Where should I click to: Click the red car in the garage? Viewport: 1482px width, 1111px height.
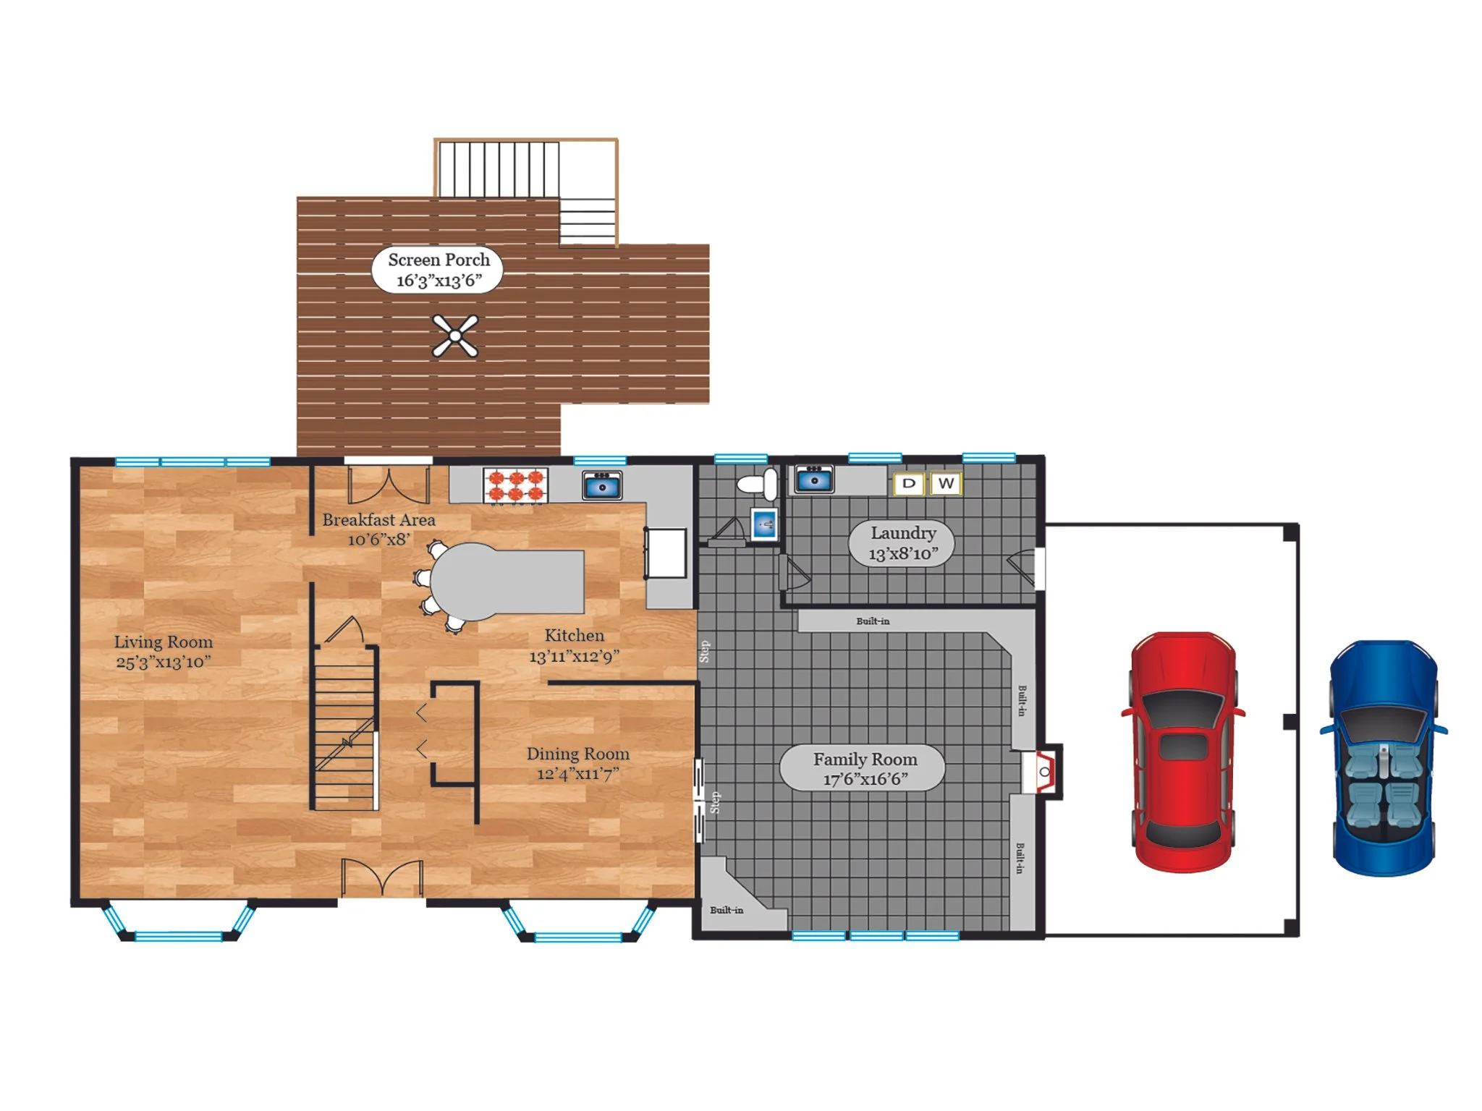click(x=1182, y=752)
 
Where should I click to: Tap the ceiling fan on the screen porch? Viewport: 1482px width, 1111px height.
click(x=454, y=336)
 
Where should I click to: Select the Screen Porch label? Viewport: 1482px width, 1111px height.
click(x=438, y=270)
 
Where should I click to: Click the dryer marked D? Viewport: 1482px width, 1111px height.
click(x=909, y=483)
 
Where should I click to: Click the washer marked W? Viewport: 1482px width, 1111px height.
click(x=946, y=483)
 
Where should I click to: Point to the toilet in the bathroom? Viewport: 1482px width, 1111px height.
click(x=758, y=484)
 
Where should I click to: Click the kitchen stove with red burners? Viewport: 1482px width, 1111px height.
click(x=515, y=485)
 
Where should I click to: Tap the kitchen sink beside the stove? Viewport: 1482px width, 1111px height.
click(x=602, y=485)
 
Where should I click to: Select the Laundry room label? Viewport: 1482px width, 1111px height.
click(x=902, y=543)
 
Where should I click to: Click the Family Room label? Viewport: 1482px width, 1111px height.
click(x=863, y=768)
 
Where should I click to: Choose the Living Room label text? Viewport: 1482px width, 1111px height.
click(x=164, y=652)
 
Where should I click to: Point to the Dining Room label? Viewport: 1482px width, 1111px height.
click(x=577, y=764)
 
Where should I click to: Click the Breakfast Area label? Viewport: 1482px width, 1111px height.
click(x=378, y=529)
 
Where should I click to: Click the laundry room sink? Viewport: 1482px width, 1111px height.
click(x=814, y=479)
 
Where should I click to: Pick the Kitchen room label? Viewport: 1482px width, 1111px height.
click(x=574, y=646)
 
